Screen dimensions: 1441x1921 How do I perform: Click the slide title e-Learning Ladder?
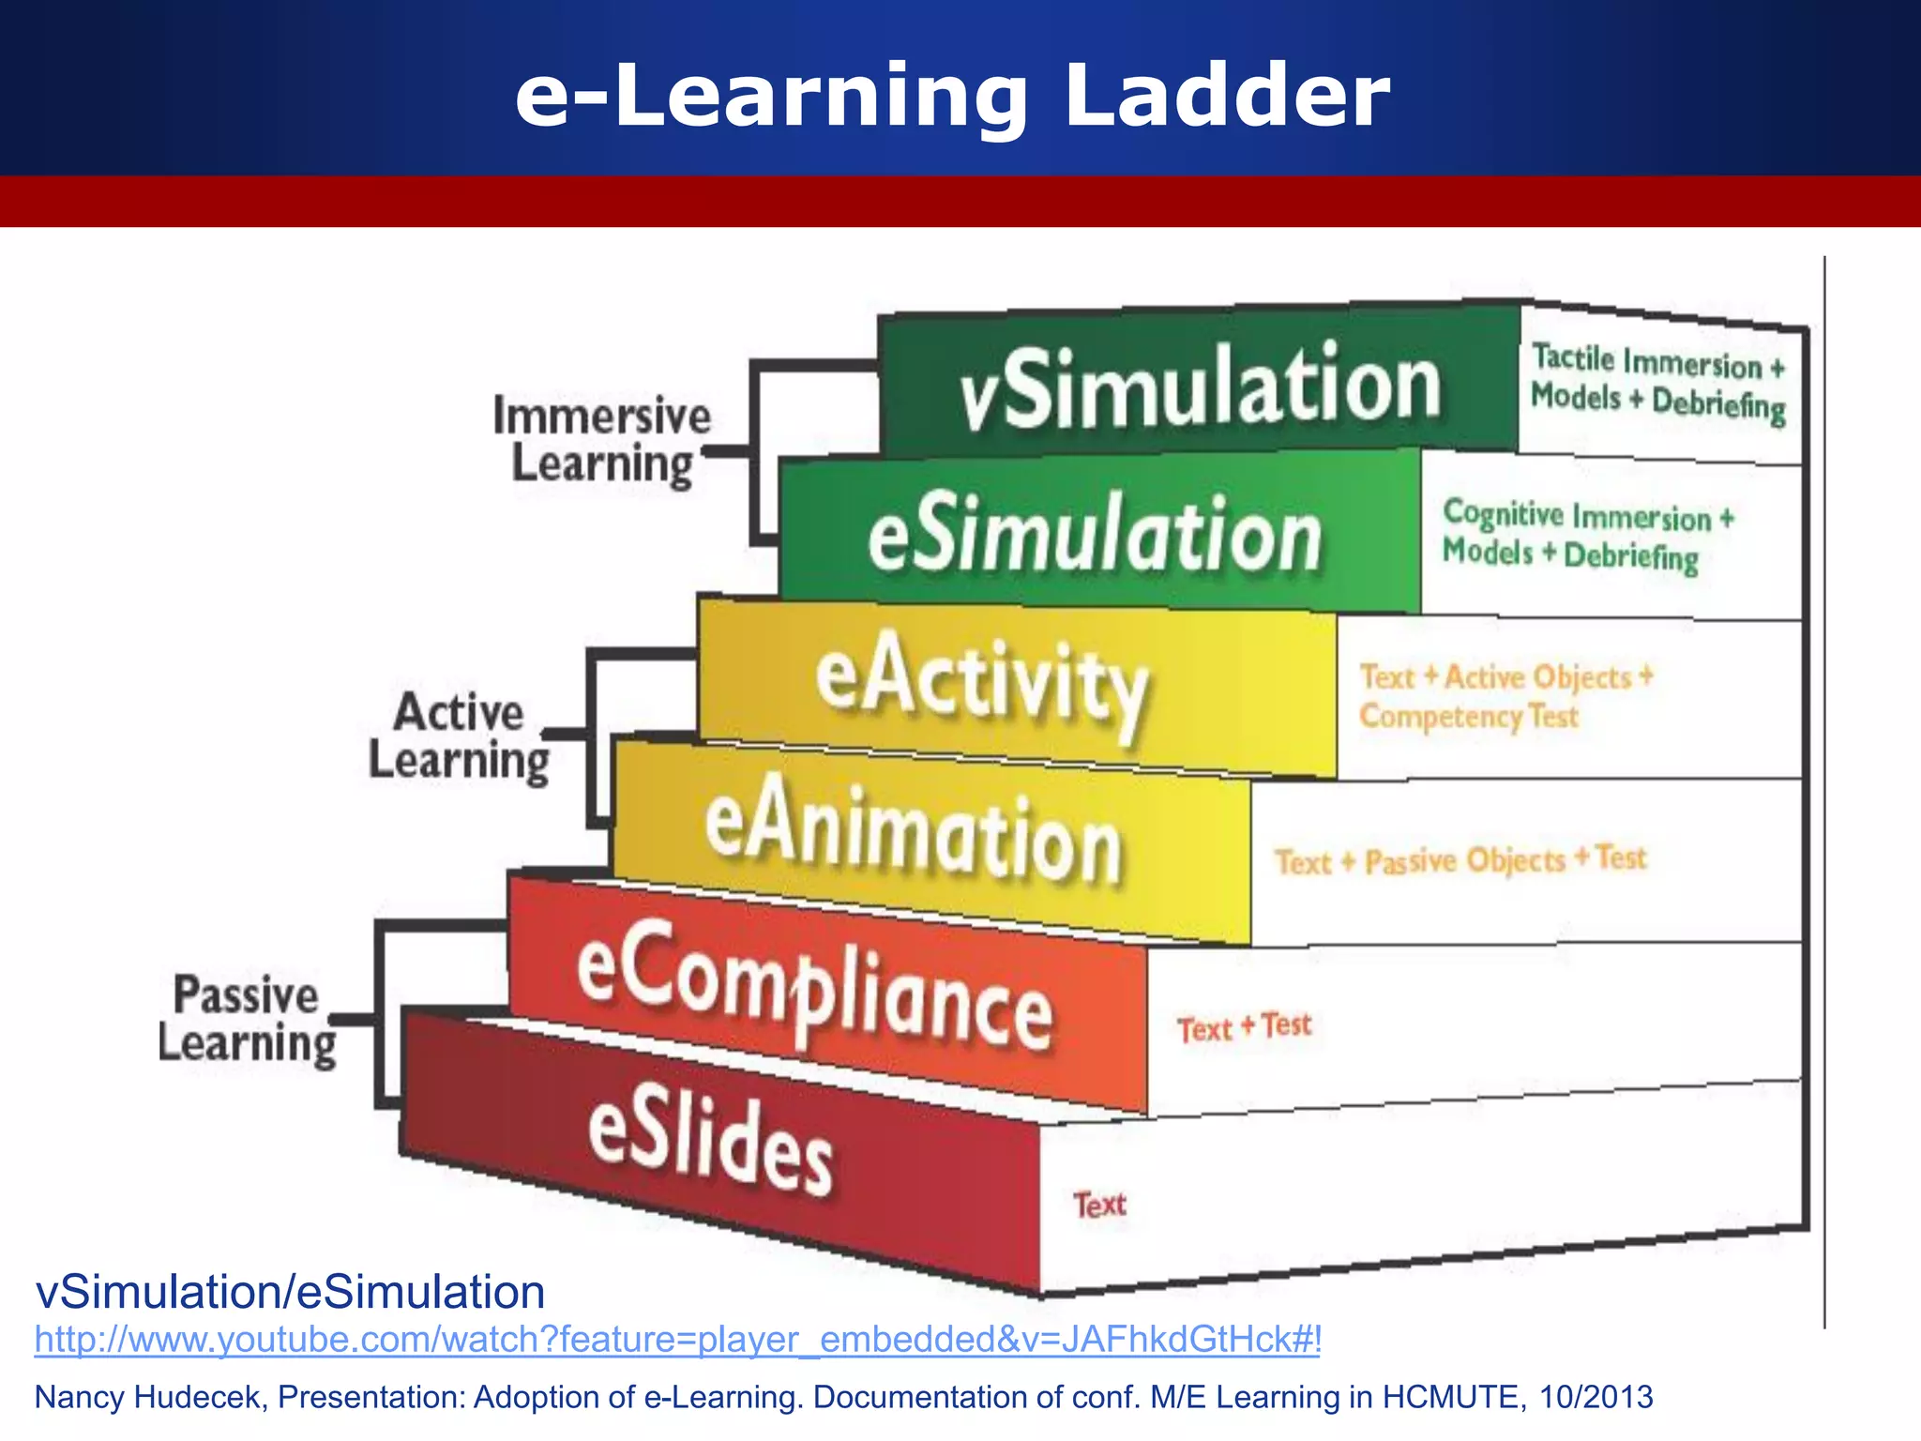pos(952,96)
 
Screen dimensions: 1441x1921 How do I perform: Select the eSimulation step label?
pos(1095,535)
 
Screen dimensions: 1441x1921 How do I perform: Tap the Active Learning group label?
pos(459,736)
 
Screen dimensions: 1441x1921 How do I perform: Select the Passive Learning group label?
pos(247,1020)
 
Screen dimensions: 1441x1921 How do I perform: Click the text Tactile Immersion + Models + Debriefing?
pos(1657,383)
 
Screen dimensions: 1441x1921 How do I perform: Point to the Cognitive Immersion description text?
pos(1587,535)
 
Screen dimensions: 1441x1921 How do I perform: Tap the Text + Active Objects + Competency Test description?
pos(1505,696)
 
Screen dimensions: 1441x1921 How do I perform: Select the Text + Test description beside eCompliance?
pos(1244,1027)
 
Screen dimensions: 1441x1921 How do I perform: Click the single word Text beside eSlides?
pos(1099,1205)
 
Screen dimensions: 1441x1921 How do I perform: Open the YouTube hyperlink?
pos(677,1339)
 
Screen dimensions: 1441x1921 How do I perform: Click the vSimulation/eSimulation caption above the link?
pos(290,1292)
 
